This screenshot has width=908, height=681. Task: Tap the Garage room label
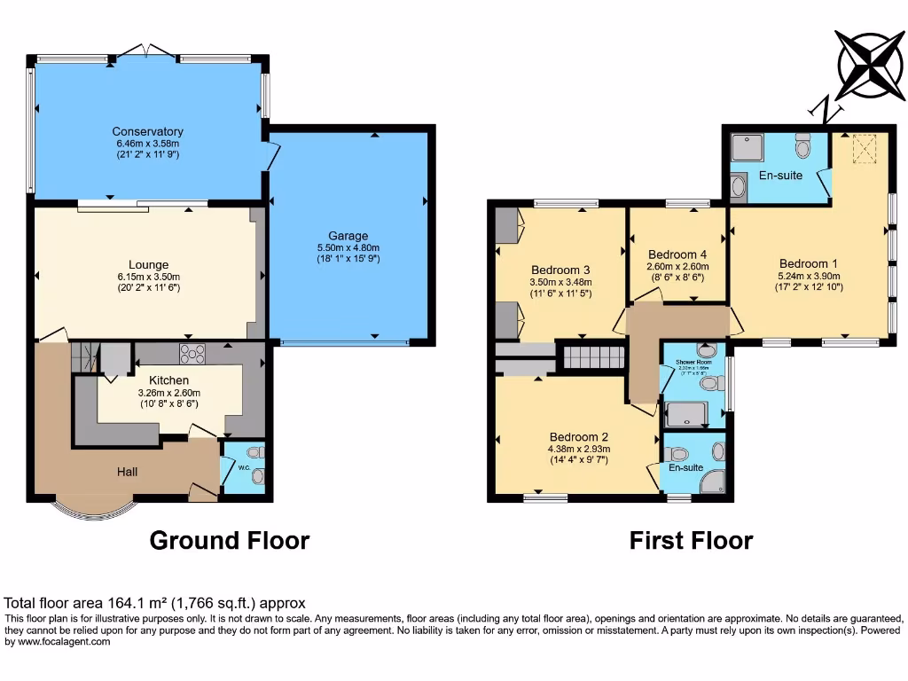tap(348, 236)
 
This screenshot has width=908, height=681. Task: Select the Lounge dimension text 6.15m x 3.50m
tap(147, 276)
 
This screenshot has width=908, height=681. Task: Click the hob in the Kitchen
tap(192, 354)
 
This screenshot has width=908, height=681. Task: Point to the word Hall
tap(127, 473)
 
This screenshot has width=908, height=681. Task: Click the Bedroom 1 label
tap(808, 263)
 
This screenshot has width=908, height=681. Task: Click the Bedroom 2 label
tap(578, 437)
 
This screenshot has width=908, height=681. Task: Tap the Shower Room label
tap(693, 363)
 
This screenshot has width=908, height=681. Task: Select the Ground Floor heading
tap(229, 540)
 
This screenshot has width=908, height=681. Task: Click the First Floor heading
tap(691, 540)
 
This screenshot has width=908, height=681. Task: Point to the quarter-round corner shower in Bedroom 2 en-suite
tap(712, 481)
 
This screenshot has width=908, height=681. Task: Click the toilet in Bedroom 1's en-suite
tap(803, 145)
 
